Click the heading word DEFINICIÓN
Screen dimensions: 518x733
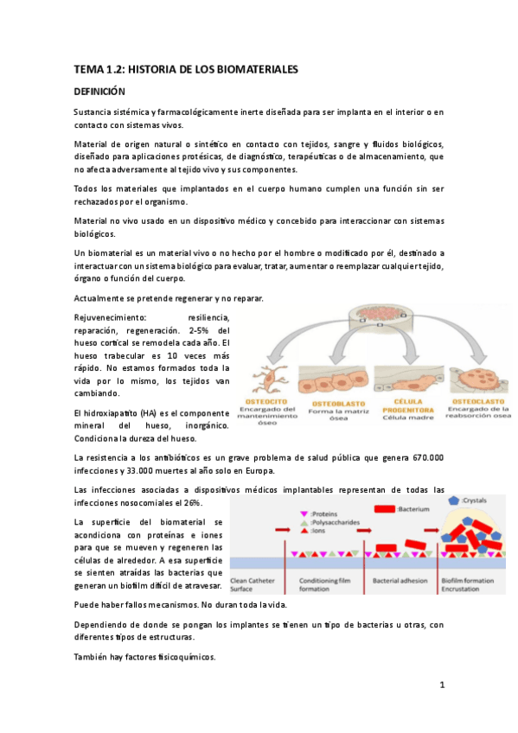(x=99, y=91)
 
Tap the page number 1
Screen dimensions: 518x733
(x=442, y=685)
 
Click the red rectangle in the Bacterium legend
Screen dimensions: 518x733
(x=377, y=509)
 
